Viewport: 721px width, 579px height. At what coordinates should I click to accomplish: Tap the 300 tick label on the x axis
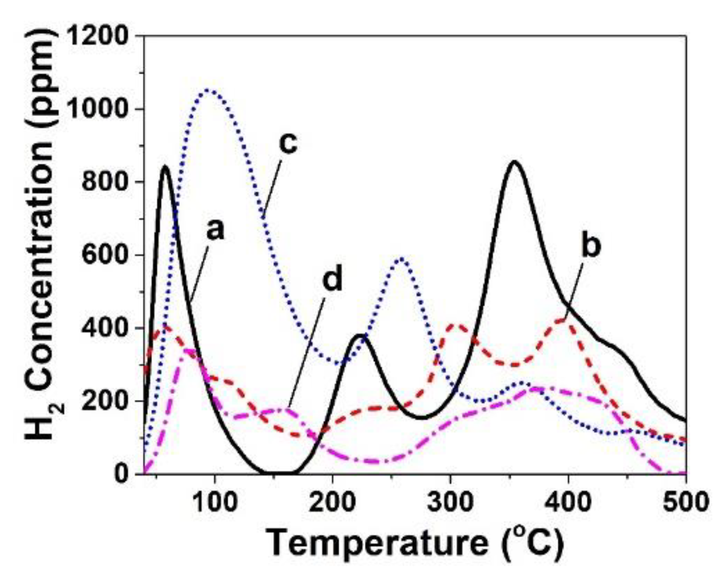450,502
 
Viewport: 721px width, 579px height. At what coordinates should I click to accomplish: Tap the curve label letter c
287,143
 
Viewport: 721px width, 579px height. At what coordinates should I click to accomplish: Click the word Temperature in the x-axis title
376,542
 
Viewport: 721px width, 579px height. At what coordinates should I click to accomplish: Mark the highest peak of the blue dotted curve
208,90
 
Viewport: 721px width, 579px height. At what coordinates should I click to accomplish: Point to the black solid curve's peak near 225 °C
360,335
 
